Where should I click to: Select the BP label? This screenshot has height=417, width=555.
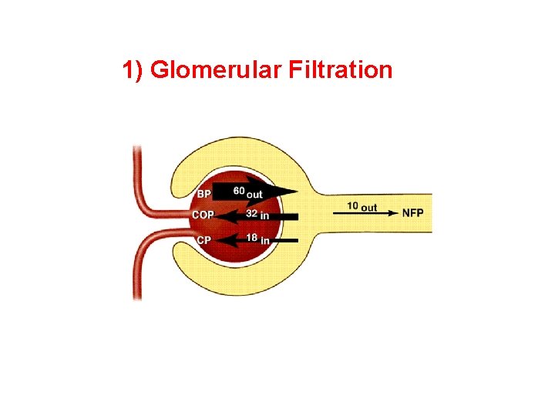coord(203,193)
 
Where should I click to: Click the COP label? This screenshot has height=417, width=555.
coord(203,215)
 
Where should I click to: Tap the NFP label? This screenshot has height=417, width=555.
coord(413,212)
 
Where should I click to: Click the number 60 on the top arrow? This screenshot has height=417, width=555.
coord(239,190)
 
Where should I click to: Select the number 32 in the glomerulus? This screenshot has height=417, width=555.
coord(251,214)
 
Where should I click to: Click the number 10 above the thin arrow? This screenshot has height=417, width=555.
coord(352,206)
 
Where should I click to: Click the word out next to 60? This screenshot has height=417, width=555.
coord(254,194)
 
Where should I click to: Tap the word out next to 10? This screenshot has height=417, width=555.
coord(368,207)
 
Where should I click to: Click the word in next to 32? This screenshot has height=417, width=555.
coord(264,216)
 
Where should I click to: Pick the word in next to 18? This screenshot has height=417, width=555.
coord(265,241)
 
